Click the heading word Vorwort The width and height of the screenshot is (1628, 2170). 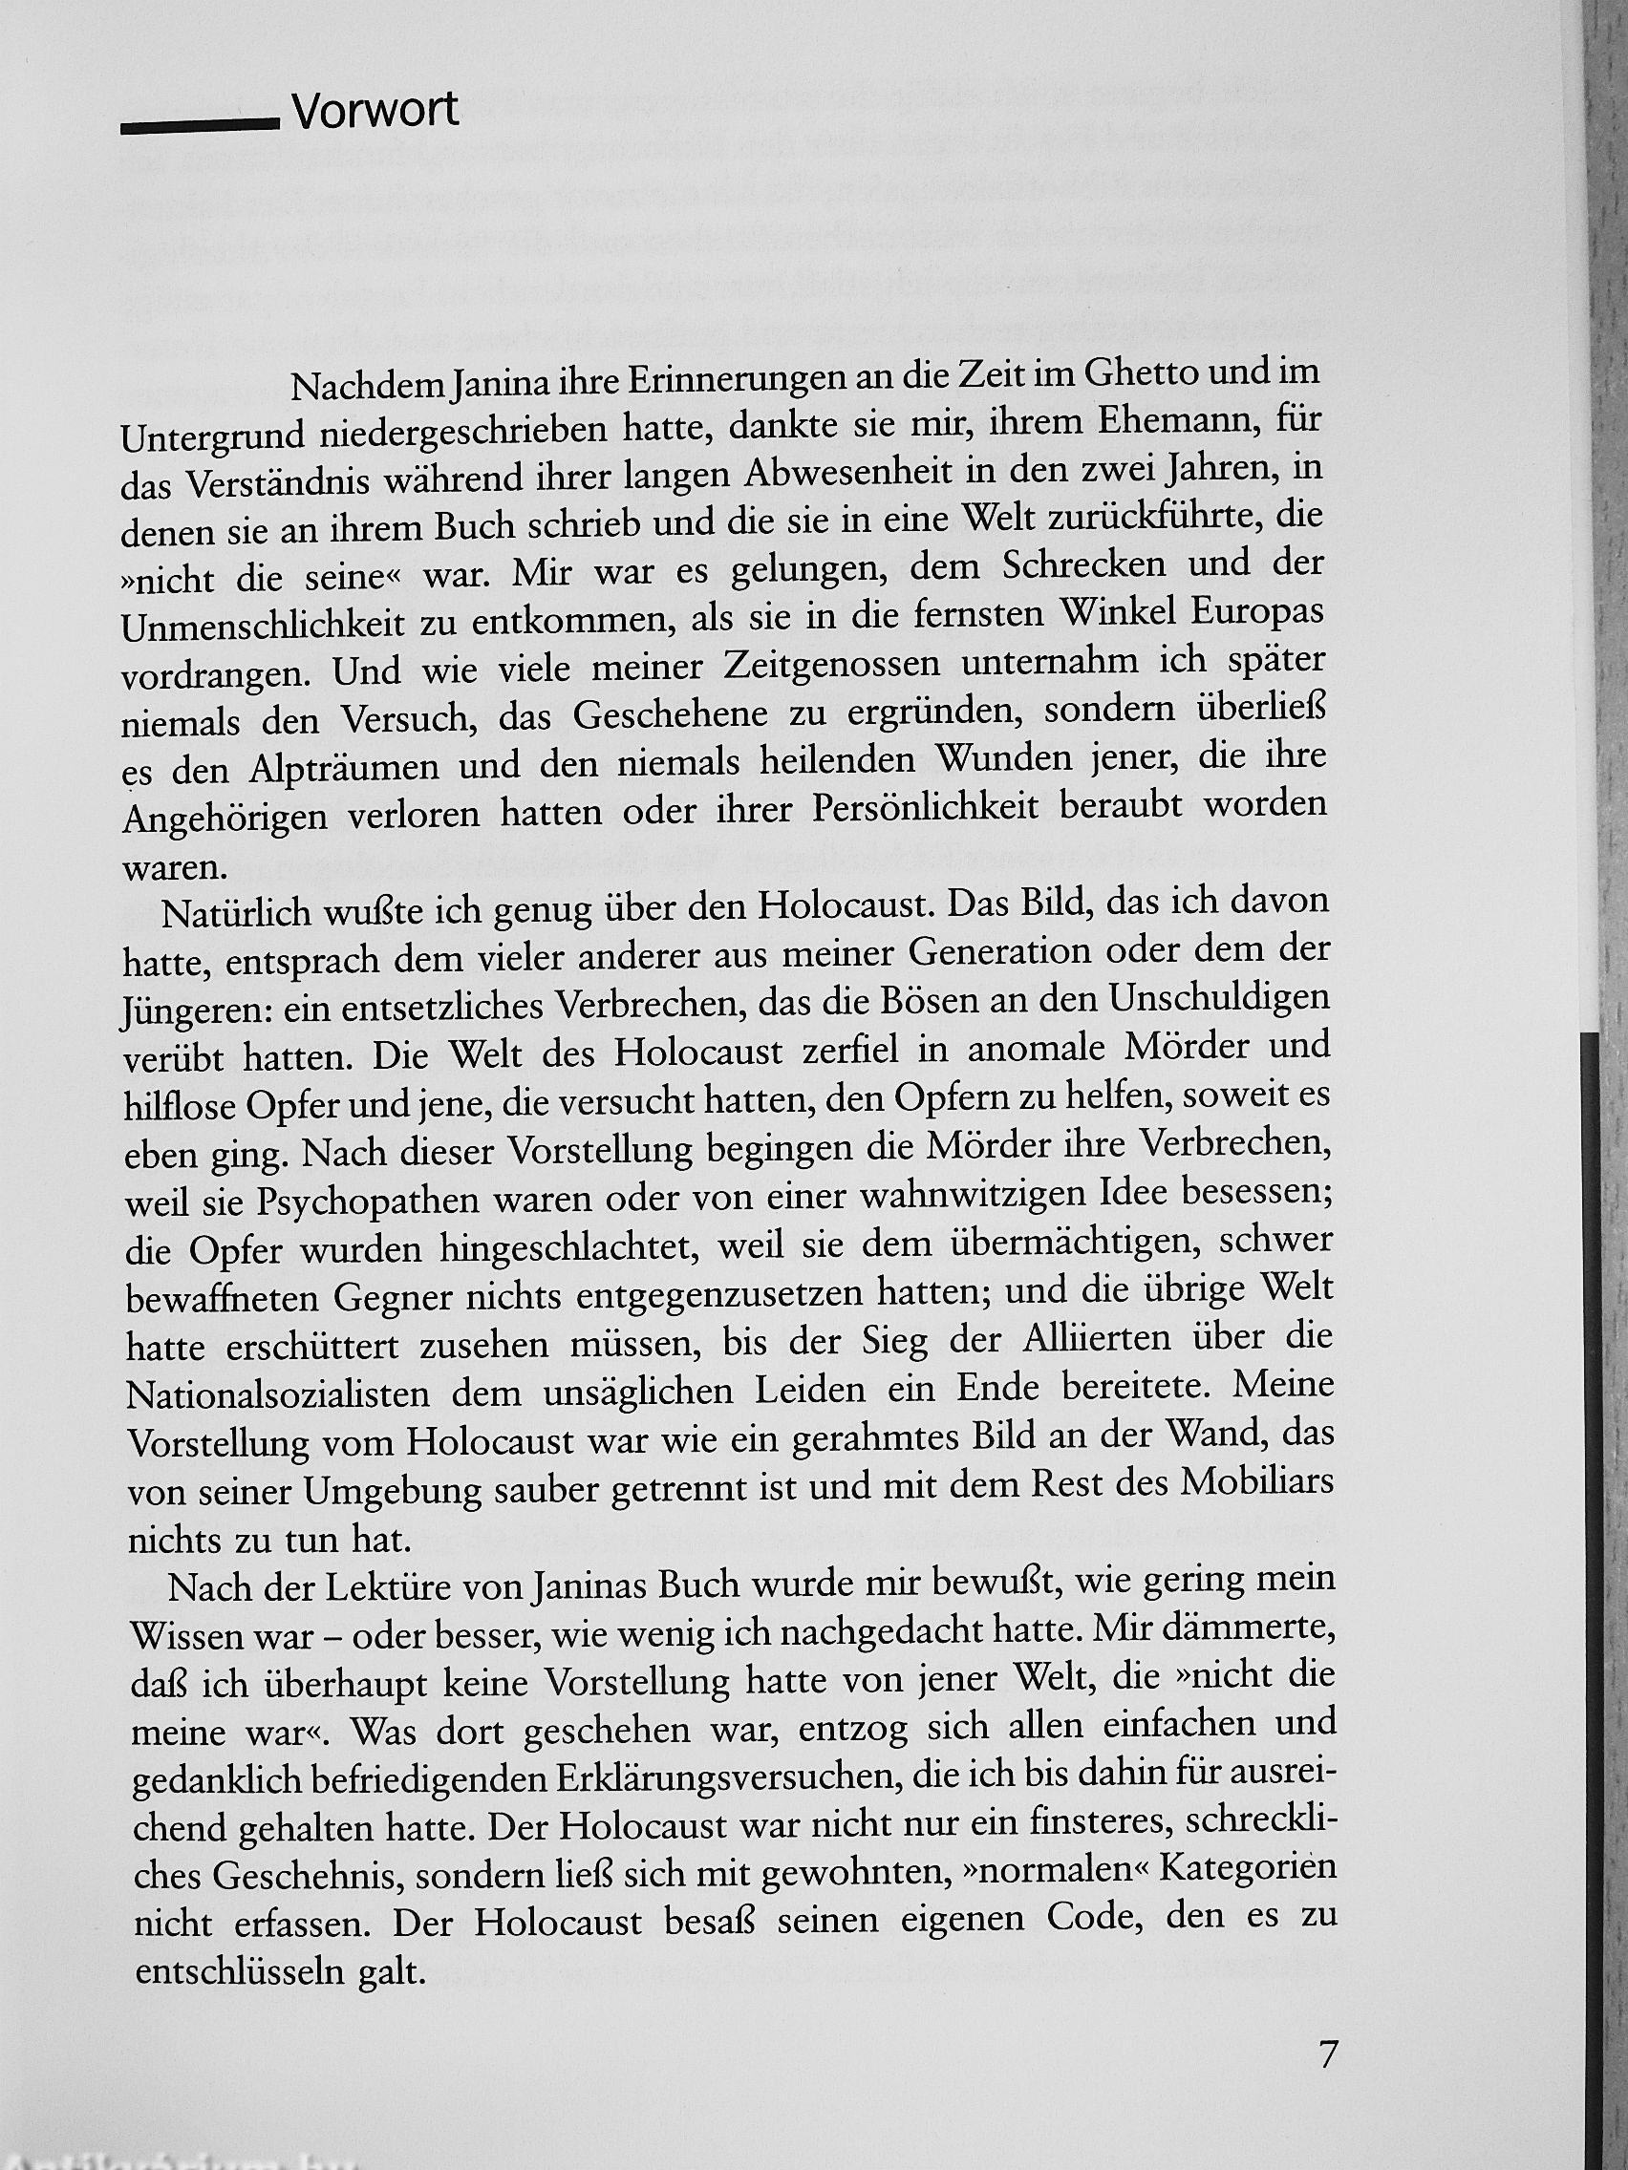(x=375, y=112)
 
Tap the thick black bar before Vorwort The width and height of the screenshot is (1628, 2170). (x=201, y=125)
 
